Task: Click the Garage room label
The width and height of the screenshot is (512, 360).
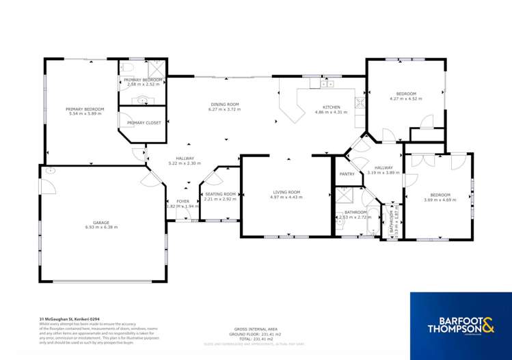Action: coord(101,223)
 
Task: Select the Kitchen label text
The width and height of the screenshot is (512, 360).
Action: coord(332,107)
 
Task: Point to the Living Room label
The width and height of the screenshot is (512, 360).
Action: coord(286,192)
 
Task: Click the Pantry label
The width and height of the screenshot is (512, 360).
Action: coord(347,174)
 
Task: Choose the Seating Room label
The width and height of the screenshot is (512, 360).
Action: coord(220,194)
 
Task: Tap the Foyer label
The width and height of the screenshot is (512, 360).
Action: coord(183,201)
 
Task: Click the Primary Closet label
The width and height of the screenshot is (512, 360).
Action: coord(142,122)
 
